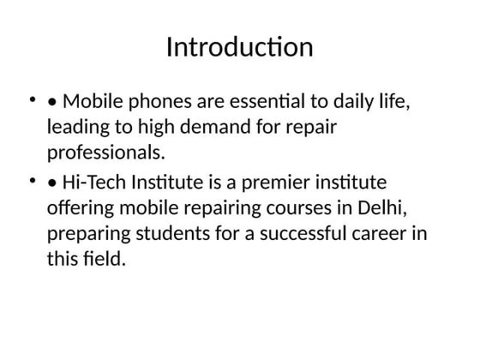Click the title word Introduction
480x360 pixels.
[x=239, y=47]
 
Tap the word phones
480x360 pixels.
[x=159, y=103]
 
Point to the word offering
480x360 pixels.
[x=80, y=208]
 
